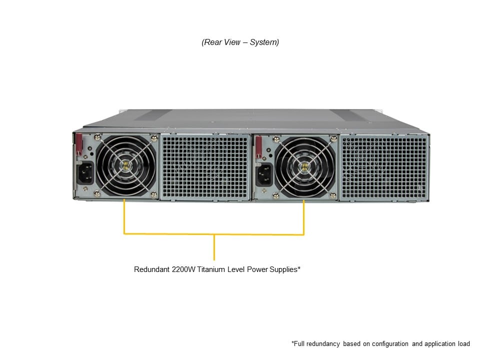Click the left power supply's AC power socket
pyautogui.click(x=85, y=173)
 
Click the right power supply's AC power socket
pyautogui.click(x=264, y=175)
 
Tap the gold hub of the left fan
pyautogui.click(x=126, y=165)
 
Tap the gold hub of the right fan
pyautogui.click(x=305, y=167)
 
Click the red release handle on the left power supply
pyautogui.click(x=79, y=144)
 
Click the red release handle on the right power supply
pyautogui.click(x=258, y=147)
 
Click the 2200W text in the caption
pyautogui.click(x=183, y=269)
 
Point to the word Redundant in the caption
pyautogui.click(x=152, y=269)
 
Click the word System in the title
pyautogui.click(x=264, y=42)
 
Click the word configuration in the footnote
pyautogui.click(x=389, y=344)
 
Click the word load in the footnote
pyautogui.click(x=464, y=344)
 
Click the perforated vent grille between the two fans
pyautogui.click(x=205, y=167)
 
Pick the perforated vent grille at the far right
pyautogui.click(x=384, y=168)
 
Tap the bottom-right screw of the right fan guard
pyautogui.click(x=333, y=195)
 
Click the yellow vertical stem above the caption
pyautogui.click(x=214, y=247)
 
